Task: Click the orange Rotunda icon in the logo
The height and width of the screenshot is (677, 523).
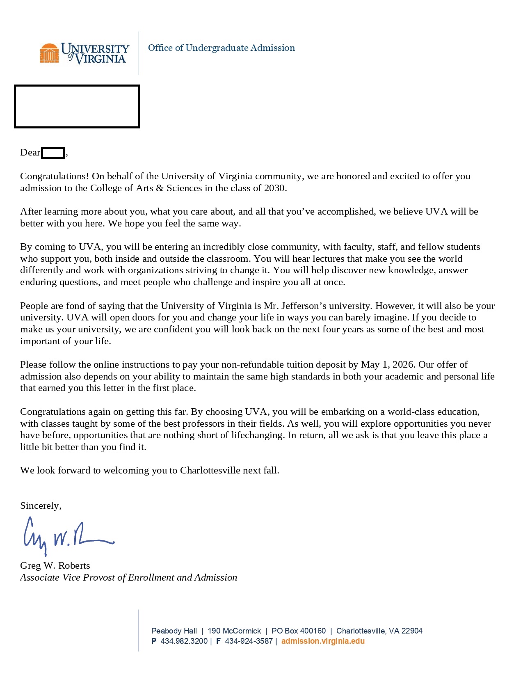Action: [x=49, y=53]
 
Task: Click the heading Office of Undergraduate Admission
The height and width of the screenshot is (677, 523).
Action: [x=221, y=48]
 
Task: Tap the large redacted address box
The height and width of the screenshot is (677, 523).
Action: [x=77, y=107]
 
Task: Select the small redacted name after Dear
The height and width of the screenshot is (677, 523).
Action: [x=53, y=153]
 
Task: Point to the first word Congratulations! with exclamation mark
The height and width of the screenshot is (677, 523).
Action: [x=55, y=176]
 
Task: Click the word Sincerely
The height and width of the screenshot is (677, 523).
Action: [x=41, y=506]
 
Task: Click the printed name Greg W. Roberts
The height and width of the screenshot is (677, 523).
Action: [x=55, y=566]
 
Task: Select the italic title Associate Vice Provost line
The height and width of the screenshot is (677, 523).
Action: [x=128, y=578]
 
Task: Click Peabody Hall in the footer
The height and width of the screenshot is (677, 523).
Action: [x=174, y=631]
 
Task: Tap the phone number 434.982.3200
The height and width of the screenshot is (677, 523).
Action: [x=184, y=641]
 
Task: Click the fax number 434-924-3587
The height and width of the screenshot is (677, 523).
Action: [x=249, y=641]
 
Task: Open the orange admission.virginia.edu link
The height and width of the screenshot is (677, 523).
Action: [x=323, y=641]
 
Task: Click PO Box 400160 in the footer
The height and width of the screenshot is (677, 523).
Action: [x=298, y=631]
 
